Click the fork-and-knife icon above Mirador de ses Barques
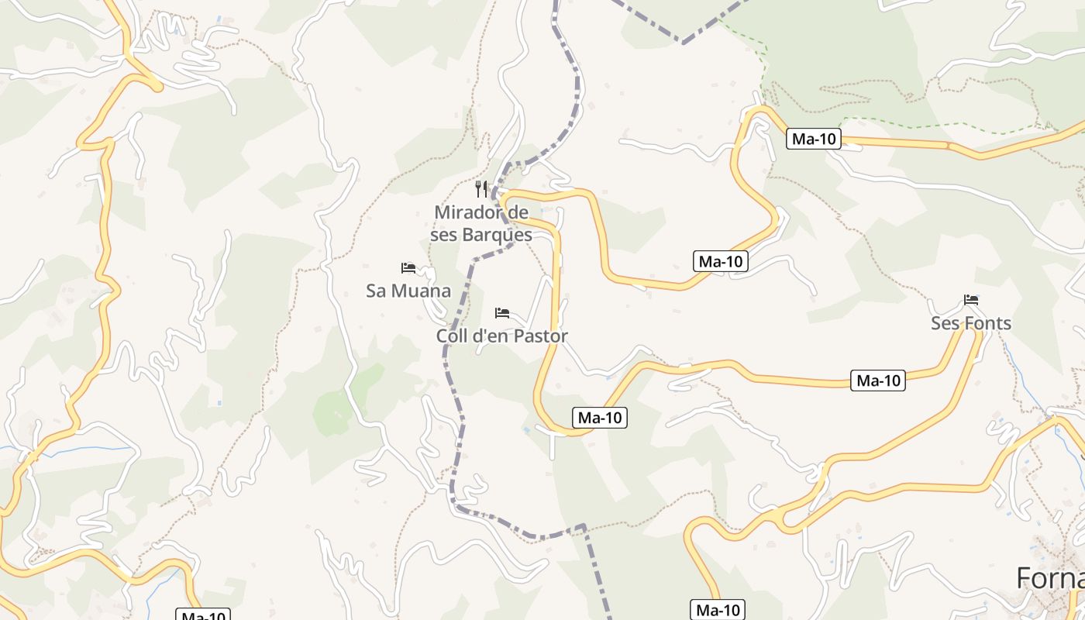pos(481,189)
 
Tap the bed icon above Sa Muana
pos(408,268)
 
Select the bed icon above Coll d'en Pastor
pos(502,313)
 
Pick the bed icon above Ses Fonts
pos(971,299)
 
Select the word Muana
pos(421,291)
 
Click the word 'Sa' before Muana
pos(376,291)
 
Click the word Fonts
pos(987,323)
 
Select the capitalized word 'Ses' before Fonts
pos(945,323)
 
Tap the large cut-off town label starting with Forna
pos(1050,578)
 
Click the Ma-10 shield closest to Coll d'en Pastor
pos(600,418)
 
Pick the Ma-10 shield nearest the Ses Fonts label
pos(878,381)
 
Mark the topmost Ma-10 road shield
pos(814,139)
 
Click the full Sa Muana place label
pos(408,291)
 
